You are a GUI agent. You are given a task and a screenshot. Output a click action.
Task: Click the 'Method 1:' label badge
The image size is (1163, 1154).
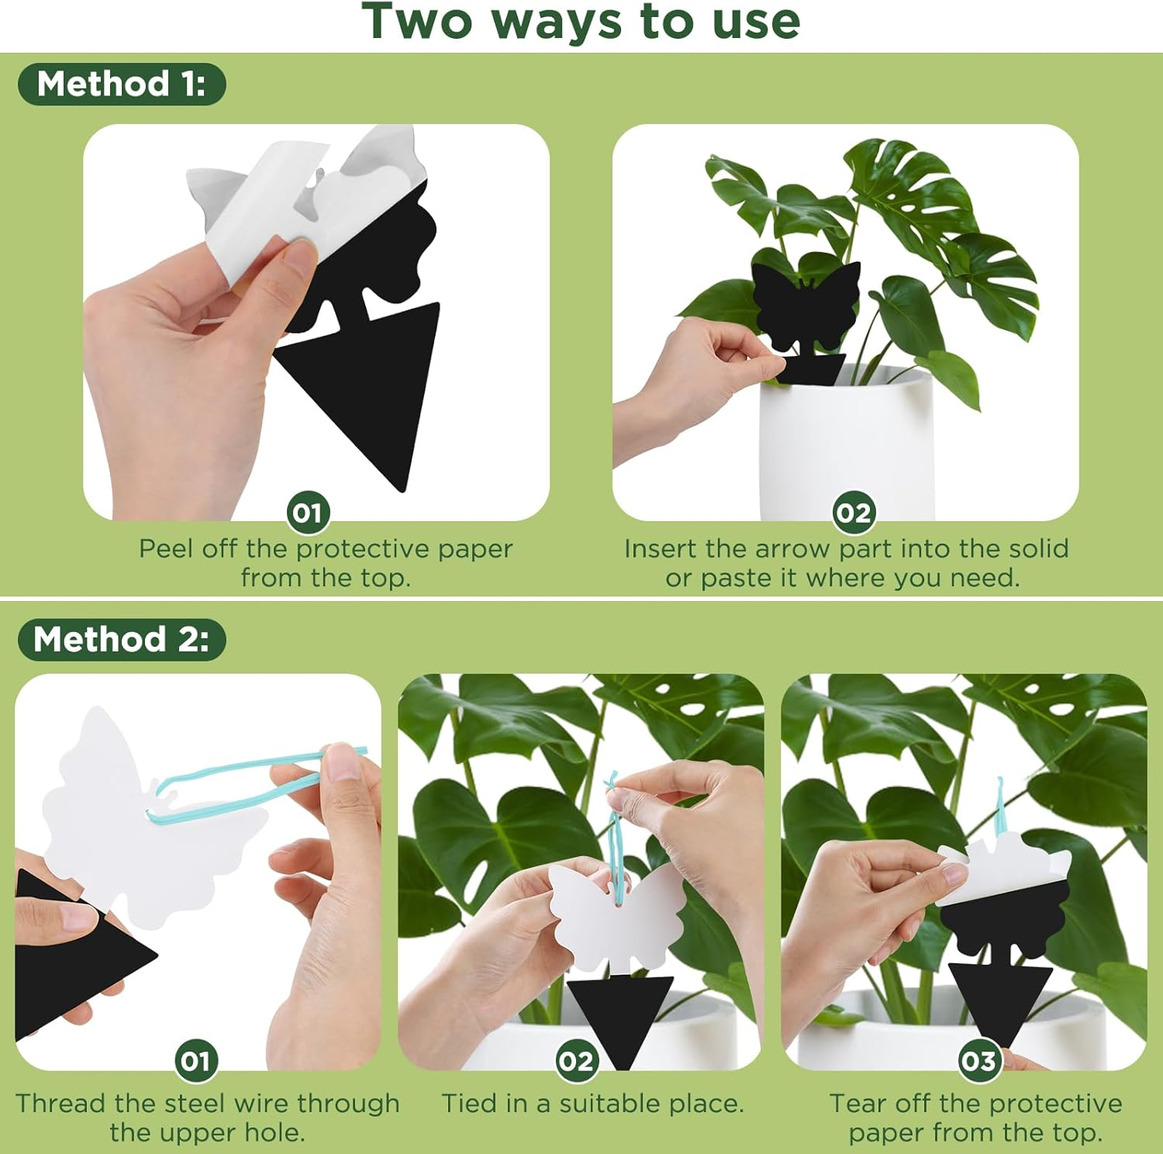coord(122,84)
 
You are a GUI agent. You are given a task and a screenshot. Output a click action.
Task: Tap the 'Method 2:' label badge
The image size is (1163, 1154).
coord(122,640)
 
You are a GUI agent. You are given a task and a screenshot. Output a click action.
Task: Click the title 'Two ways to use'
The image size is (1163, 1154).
coord(581,22)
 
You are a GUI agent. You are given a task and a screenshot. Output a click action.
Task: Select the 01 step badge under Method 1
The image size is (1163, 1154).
coord(309,513)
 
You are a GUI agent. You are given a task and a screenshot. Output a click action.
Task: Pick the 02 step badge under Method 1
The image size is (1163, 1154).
coord(854,513)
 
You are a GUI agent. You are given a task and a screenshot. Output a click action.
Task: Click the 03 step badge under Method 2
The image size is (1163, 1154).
coord(978,1060)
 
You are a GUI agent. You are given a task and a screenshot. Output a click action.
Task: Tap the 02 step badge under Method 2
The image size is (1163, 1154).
coord(576,1060)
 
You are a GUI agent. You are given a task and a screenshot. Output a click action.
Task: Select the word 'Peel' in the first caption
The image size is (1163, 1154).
coord(166,549)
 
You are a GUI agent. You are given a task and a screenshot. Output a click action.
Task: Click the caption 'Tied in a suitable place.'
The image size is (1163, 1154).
coord(592,1104)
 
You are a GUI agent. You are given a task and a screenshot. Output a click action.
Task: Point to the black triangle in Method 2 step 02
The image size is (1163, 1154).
coord(620,1012)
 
